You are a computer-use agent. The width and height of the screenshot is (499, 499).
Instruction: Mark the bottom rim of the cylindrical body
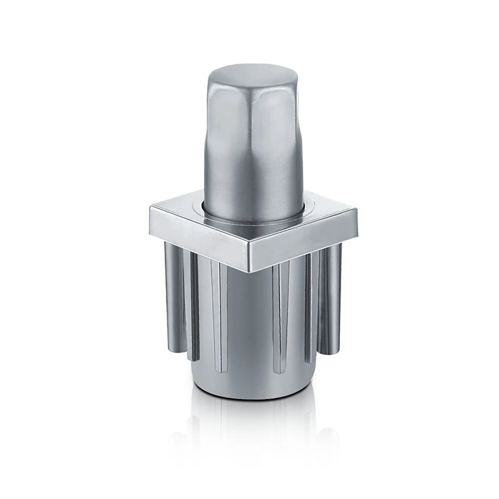[249, 394]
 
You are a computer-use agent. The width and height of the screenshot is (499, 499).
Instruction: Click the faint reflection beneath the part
[249, 430]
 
